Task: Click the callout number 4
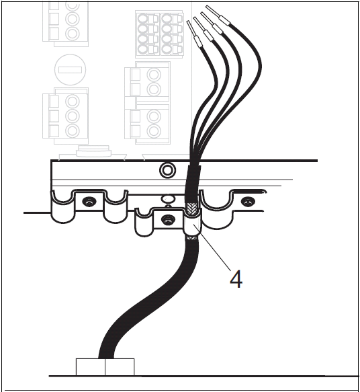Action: coord(236,279)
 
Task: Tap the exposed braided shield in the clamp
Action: coord(191,208)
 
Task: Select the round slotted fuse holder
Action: coord(71,70)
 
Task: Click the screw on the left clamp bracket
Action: coord(89,202)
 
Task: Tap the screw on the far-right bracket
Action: coord(247,201)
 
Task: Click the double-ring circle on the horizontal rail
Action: coord(167,170)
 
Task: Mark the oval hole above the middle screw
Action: coord(168,199)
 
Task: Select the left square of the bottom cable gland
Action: coord(91,367)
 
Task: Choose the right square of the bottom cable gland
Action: coord(120,367)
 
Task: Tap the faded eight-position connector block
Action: coord(159,34)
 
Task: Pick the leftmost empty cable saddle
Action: coord(63,208)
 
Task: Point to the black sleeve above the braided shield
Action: coord(193,183)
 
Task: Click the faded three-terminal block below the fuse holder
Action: coord(66,116)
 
